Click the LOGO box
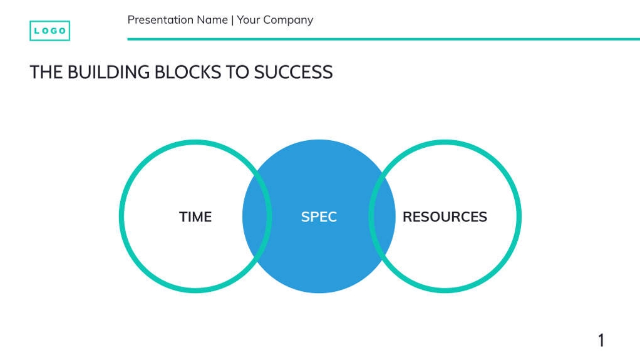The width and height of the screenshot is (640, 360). click(49, 31)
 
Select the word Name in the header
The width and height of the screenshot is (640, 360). click(212, 20)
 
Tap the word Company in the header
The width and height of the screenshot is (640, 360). click(288, 20)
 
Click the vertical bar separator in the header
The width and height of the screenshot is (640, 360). click(232, 20)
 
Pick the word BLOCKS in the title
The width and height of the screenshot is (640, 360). click(187, 72)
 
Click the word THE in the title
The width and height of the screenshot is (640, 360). click(46, 72)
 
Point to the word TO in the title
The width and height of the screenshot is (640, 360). click(237, 72)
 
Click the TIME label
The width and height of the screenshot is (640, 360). click(195, 217)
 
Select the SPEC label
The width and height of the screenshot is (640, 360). click(319, 217)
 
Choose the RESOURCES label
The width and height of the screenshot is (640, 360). click(445, 217)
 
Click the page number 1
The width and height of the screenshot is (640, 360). click(601, 341)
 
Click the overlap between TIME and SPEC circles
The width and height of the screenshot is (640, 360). click(257, 217)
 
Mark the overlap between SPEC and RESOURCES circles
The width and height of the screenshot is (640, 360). click(382, 217)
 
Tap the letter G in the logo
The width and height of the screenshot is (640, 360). click(54, 31)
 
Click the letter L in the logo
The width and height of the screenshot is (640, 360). click(36, 31)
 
